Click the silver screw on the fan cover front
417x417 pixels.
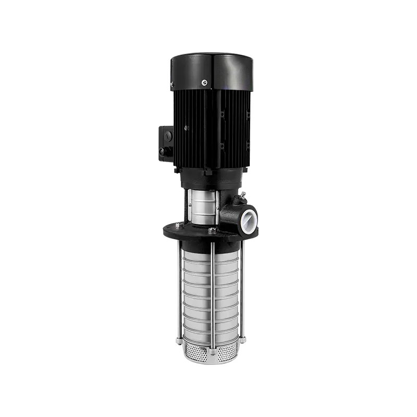[204, 81]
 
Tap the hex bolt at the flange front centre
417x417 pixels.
[212, 230]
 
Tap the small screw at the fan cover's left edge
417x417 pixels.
[171, 83]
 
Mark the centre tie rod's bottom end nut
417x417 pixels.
[213, 352]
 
